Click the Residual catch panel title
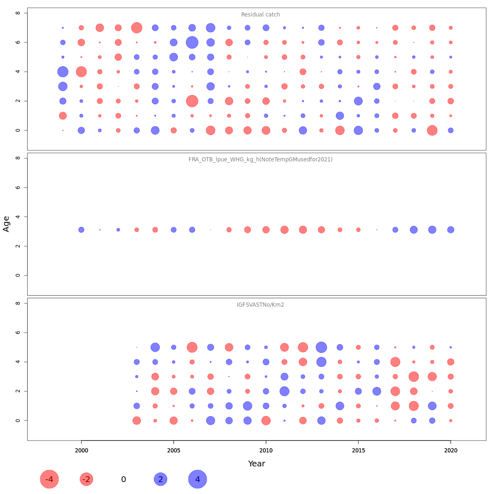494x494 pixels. [260, 15]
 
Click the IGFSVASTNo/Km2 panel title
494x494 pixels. [260, 305]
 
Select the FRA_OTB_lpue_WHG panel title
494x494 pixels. [260, 159]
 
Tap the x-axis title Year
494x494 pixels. [256, 464]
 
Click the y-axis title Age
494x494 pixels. [6, 224]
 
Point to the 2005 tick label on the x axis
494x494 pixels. [174, 451]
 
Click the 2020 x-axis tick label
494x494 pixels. [451, 451]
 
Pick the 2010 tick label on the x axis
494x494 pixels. [266, 451]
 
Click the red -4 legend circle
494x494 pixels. [49, 479]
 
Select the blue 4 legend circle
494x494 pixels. [198, 479]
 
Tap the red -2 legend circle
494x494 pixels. [86, 479]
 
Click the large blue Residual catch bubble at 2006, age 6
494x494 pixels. [192, 42]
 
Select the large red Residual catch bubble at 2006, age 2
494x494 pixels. [192, 101]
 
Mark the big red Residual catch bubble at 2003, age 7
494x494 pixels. [137, 28]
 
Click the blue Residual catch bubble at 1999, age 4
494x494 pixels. [63, 72]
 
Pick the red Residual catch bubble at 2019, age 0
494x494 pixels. [432, 130]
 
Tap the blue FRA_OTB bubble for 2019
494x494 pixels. [432, 230]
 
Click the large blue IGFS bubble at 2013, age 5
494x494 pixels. [321, 347]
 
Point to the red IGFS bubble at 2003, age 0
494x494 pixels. [137, 420]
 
